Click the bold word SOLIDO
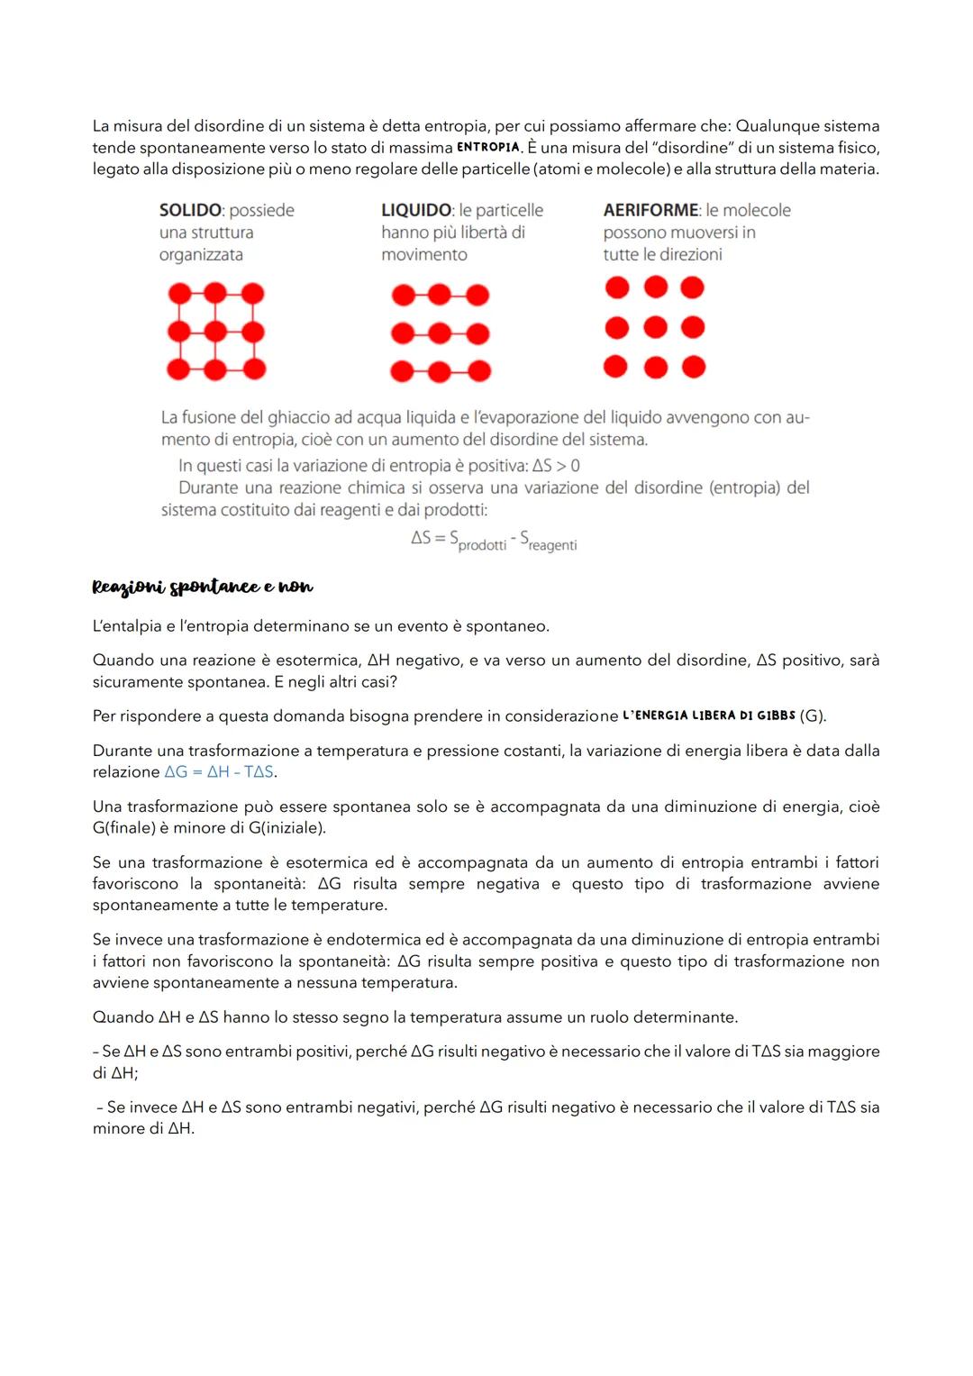(x=190, y=210)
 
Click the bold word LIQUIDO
(x=416, y=210)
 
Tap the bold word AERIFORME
(x=650, y=210)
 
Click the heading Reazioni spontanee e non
(x=203, y=587)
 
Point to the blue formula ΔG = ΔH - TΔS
(x=220, y=772)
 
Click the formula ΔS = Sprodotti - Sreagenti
(x=494, y=540)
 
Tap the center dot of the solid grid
(x=215, y=332)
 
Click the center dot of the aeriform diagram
(x=655, y=327)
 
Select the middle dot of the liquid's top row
(x=439, y=295)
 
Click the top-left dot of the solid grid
(x=179, y=293)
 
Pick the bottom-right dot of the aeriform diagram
(x=693, y=367)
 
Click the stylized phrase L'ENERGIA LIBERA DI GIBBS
(x=709, y=715)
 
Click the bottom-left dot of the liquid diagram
(x=402, y=370)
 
